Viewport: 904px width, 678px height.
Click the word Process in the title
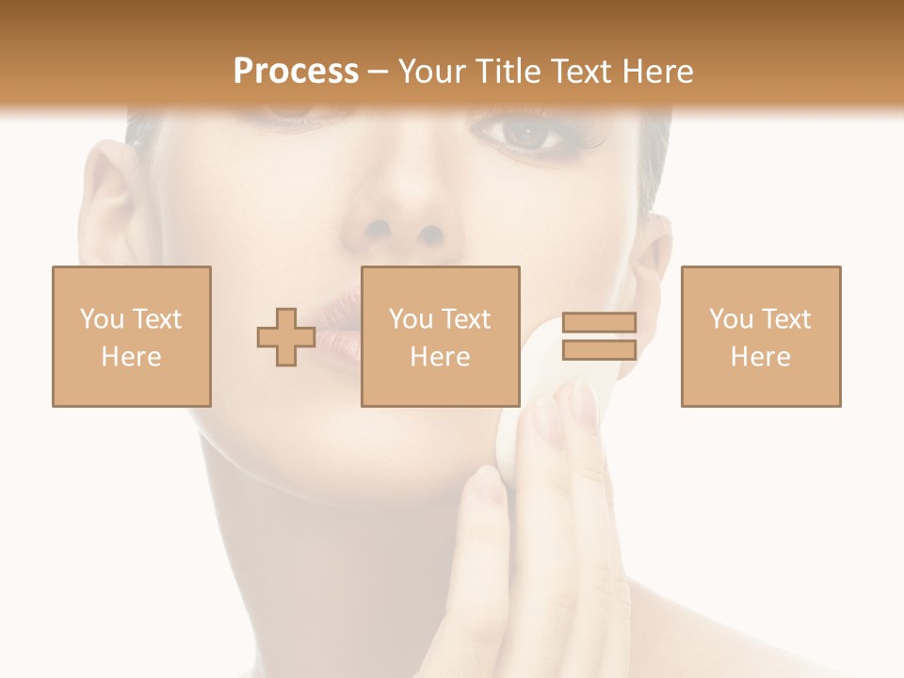[x=296, y=72]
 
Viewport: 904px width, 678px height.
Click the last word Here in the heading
[x=655, y=72]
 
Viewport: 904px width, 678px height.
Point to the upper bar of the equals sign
[x=599, y=322]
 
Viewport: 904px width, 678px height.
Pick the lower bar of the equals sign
[x=599, y=350]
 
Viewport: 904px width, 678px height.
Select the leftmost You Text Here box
[x=131, y=336]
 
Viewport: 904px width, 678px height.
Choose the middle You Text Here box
[x=440, y=336]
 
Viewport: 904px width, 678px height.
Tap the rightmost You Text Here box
[x=760, y=336]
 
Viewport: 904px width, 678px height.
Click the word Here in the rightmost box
[x=760, y=356]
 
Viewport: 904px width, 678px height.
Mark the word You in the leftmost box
[x=101, y=318]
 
